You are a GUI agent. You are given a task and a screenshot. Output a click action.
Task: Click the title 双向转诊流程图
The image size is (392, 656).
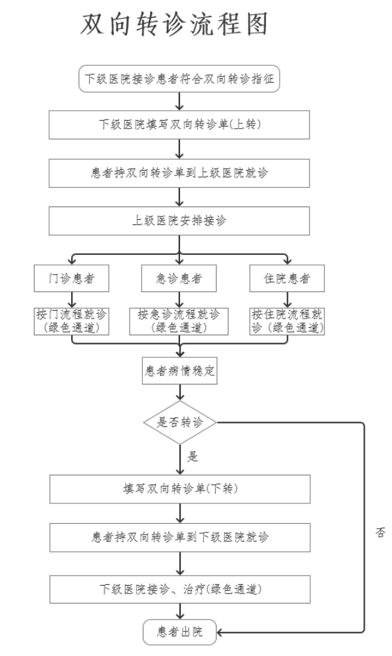(x=174, y=24)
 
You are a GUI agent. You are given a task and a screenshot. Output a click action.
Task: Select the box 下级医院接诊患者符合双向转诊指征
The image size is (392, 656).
(x=179, y=78)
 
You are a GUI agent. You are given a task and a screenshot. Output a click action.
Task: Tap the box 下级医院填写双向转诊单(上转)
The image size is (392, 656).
(x=179, y=125)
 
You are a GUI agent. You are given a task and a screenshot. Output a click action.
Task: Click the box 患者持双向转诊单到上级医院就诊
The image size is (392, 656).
(x=179, y=173)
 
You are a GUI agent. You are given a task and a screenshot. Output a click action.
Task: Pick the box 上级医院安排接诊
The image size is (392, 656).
(x=179, y=220)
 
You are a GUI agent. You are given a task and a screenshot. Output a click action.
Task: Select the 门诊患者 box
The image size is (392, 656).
(x=72, y=278)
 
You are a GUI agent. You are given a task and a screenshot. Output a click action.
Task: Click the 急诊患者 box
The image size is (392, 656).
(x=179, y=278)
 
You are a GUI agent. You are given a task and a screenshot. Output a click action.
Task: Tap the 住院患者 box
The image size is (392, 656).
(x=287, y=278)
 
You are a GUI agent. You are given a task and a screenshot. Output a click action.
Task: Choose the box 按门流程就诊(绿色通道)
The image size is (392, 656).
(x=72, y=321)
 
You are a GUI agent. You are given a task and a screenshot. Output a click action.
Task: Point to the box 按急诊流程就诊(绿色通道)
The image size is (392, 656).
(x=179, y=321)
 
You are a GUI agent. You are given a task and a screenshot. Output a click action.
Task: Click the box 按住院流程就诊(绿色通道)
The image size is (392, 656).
(x=287, y=321)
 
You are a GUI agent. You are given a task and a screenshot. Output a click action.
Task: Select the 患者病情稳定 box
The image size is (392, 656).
(x=179, y=370)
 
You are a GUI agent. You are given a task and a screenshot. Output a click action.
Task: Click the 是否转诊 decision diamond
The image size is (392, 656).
(x=180, y=422)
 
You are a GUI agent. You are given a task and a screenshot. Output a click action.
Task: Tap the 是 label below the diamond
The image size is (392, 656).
(x=192, y=456)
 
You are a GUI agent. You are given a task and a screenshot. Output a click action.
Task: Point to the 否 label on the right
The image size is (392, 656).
(x=380, y=533)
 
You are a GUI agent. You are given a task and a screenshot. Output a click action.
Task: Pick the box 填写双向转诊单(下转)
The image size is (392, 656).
(x=180, y=489)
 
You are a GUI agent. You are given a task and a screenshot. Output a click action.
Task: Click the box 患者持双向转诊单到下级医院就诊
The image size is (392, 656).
(x=180, y=537)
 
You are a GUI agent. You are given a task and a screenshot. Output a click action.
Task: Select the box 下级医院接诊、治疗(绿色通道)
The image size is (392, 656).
(x=180, y=590)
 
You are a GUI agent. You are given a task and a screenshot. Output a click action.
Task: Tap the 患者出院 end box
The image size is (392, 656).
(x=179, y=632)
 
